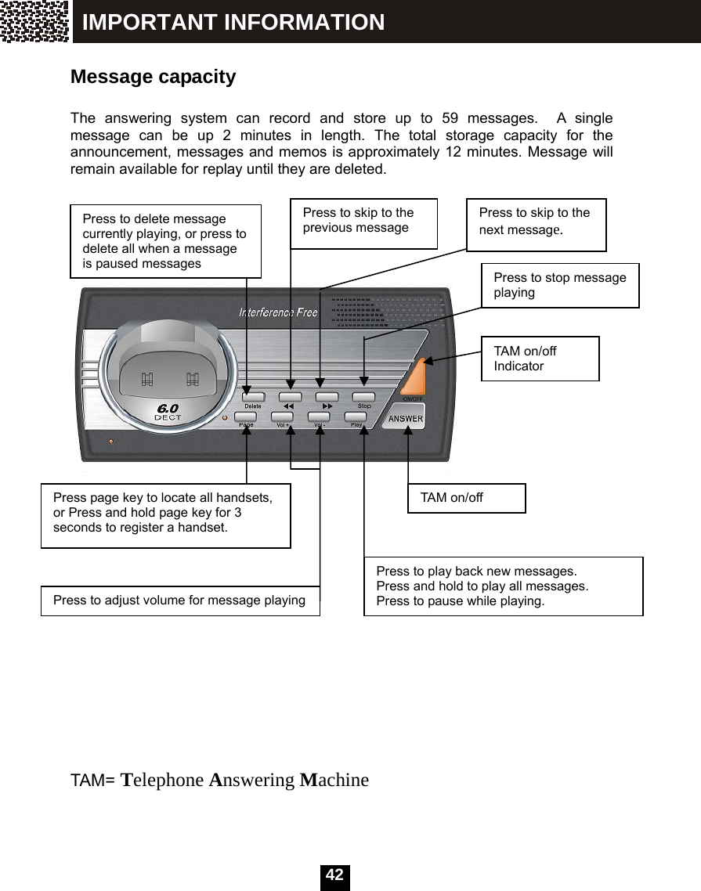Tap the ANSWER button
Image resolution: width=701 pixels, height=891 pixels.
pyautogui.click(x=406, y=418)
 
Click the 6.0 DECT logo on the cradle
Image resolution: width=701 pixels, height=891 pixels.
pyautogui.click(x=168, y=412)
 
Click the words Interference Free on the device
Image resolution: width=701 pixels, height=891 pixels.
pyautogui.click(x=278, y=312)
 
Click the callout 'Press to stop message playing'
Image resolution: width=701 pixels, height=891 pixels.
pyautogui.click(x=559, y=285)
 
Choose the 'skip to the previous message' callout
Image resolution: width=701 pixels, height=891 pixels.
pyautogui.click(x=363, y=223)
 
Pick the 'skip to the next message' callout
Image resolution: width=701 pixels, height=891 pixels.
pyautogui.click(x=536, y=224)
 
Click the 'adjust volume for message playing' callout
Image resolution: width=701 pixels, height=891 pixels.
pyautogui.click(x=179, y=601)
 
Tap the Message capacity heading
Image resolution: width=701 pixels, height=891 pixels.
pyautogui.click(x=153, y=78)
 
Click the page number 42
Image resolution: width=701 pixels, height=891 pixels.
pyautogui.click(x=334, y=875)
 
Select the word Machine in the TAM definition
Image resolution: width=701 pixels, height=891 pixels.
pyautogui.click(x=334, y=781)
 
